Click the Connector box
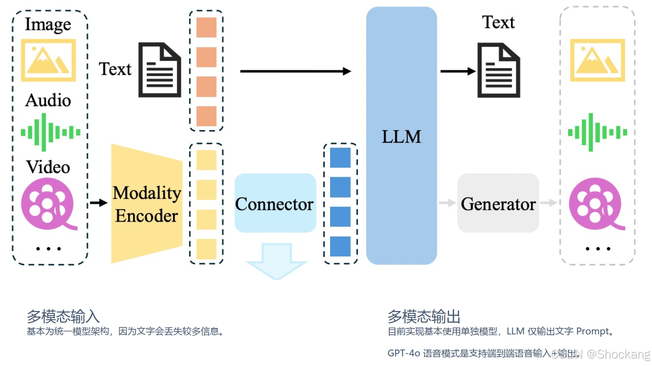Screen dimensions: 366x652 pyautogui.click(x=275, y=203)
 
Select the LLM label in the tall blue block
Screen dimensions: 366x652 pyautogui.click(x=401, y=137)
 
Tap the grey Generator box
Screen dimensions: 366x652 pyautogui.click(x=498, y=203)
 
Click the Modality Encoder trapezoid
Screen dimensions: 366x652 pyautogui.click(x=147, y=203)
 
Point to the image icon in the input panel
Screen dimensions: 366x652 pyautogui.click(x=48, y=60)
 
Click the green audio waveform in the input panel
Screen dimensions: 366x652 pyautogui.click(x=50, y=132)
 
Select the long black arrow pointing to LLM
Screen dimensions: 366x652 pyautogui.click(x=295, y=71)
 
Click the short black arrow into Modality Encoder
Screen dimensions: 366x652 pyautogui.click(x=98, y=202)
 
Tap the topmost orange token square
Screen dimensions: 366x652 pyautogui.click(x=206, y=27)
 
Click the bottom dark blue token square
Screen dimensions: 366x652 pyautogui.click(x=340, y=246)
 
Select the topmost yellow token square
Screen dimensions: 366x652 pyautogui.click(x=206, y=160)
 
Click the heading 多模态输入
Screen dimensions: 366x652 pyautogui.click(x=63, y=317)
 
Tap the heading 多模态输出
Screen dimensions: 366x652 pyautogui.click(x=424, y=317)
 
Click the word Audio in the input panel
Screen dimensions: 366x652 pyautogui.click(x=48, y=100)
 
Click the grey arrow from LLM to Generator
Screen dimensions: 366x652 pyautogui.click(x=447, y=203)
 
